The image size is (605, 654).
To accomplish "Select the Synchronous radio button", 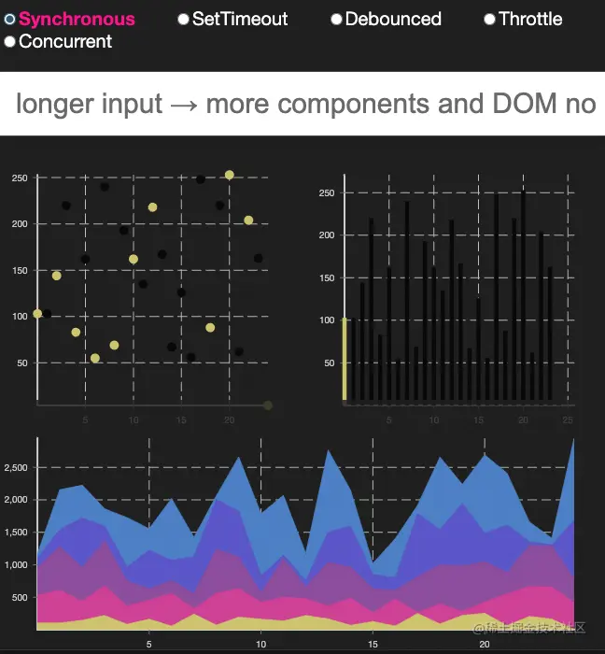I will tap(10, 20).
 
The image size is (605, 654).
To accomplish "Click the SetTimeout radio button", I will tap(184, 20).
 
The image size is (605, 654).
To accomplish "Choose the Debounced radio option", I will tap(337, 20).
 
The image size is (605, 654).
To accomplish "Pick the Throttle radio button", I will tap(489, 20).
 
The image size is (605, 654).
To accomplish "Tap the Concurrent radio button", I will tap(10, 42).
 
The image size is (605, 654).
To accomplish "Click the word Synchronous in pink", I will tap(77, 20).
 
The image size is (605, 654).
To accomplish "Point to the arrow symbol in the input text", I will tap(184, 105).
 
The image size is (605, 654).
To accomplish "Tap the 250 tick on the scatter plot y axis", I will tap(20, 178).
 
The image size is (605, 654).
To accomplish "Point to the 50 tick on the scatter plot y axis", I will tap(22, 363).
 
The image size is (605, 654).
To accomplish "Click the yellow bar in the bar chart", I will tap(345, 359).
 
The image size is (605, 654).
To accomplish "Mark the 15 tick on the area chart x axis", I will tap(373, 645).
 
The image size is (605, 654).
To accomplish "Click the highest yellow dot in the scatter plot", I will tap(230, 175).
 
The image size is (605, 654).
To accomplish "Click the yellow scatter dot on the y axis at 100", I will tap(37, 314).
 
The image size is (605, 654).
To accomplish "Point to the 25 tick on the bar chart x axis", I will tap(568, 420).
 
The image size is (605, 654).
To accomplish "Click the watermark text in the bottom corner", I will tap(528, 627).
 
